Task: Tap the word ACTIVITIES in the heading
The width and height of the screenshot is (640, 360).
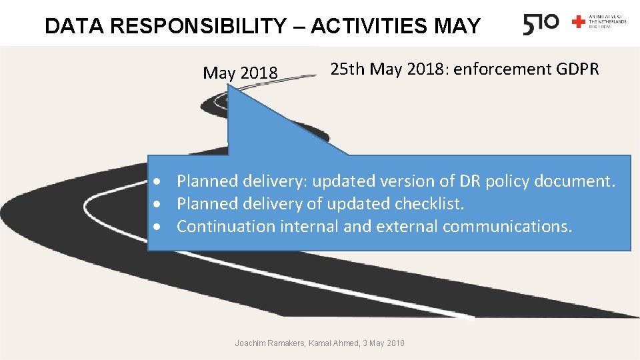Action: tap(369, 26)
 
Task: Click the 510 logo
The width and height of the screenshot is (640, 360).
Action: tap(541, 25)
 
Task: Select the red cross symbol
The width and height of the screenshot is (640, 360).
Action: tap(578, 22)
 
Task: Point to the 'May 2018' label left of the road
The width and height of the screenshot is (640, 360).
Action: tap(240, 73)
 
